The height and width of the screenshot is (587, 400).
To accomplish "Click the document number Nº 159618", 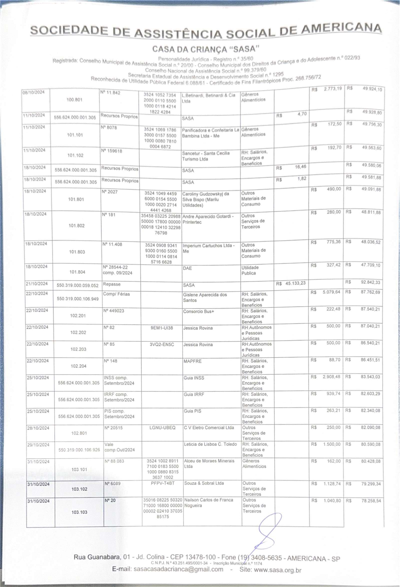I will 112,151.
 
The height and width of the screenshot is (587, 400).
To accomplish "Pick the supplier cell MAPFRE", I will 193,361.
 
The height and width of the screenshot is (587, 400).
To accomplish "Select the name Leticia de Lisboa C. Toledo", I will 210,444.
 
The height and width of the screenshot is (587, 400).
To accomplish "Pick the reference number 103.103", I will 79,512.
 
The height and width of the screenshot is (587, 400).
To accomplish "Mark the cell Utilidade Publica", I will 250,270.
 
